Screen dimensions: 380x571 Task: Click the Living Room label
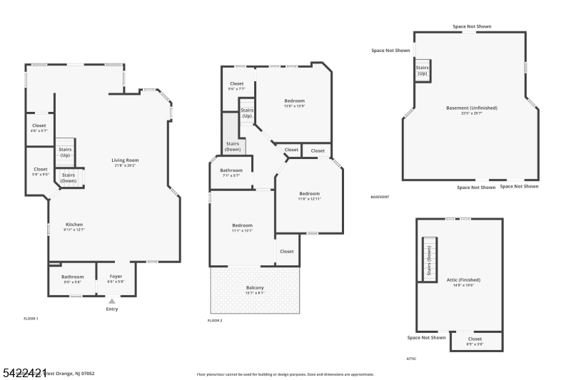tap(125, 163)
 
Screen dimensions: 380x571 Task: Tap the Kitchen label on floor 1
tap(74, 227)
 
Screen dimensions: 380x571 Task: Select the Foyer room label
tap(116, 279)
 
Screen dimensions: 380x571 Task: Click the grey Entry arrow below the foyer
tap(111, 302)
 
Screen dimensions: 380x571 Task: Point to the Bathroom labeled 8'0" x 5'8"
tap(72, 279)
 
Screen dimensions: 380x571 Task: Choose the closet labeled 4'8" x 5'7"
tap(39, 128)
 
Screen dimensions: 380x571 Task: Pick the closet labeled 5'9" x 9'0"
tap(40, 171)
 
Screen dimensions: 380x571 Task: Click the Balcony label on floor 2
tap(255, 289)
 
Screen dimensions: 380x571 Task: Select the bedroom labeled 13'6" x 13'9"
tap(294, 103)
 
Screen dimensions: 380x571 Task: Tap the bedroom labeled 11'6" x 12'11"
tap(309, 196)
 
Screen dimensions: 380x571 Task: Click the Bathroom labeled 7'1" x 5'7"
tap(231, 173)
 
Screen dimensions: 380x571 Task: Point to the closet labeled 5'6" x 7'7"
tap(236, 86)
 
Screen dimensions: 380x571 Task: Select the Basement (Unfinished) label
tap(471, 110)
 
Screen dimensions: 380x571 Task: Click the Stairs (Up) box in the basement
tap(422, 71)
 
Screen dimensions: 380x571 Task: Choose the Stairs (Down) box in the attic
tap(429, 260)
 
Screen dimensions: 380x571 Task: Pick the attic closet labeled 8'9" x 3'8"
tap(475, 341)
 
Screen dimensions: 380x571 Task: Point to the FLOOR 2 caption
tap(215, 321)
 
